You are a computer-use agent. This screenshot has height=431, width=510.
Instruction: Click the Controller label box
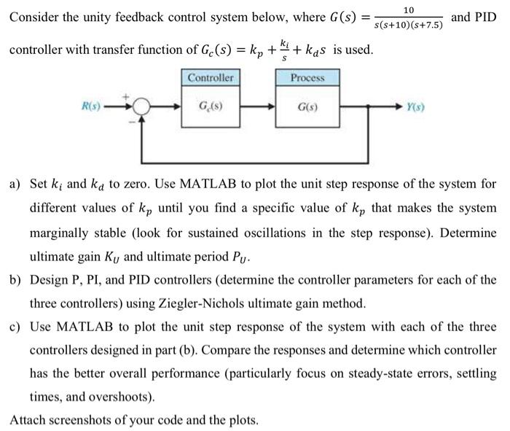(211, 77)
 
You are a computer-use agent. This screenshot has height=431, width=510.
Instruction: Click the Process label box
(307, 77)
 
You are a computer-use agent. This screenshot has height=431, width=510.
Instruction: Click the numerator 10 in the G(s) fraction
(409, 9)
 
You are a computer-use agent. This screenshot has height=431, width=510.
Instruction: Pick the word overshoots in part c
(127, 397)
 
